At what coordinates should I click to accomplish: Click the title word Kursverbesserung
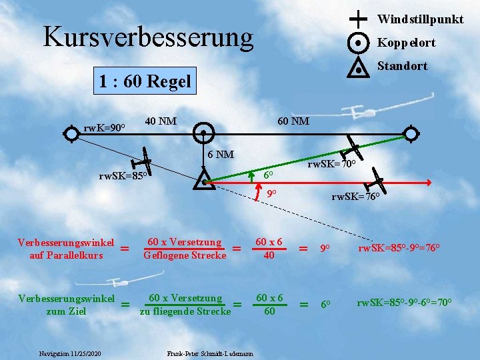[148, 37]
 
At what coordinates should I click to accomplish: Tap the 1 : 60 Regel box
[144, 82]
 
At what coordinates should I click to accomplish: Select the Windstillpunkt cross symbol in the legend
[358, 18]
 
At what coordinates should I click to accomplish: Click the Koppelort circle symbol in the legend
[359, 43]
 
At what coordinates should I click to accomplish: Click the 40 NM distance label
[161, 121]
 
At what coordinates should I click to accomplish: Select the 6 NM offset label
[220, 155]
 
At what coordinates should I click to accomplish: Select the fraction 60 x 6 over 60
[269, 303]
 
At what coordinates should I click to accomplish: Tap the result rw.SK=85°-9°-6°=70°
[413, 303]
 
